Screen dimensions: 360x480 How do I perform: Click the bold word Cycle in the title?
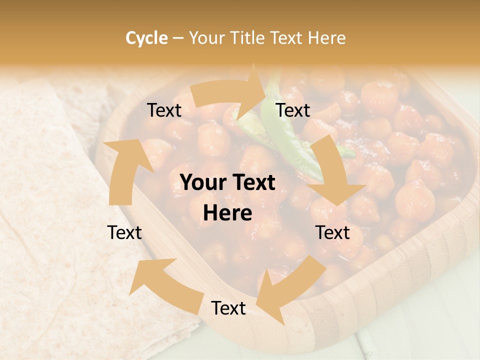pyautogui.click(x=146, y=38)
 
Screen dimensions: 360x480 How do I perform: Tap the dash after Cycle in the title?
pyautogui.click(x=177, y=38)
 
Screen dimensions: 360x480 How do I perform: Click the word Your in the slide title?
pyautogui.click(x=206, y=38)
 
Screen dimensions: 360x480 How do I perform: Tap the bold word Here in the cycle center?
pyautogui.click(x=227, y=213)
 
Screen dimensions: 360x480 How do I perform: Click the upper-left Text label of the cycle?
pyautogui.click(x=164, y=110)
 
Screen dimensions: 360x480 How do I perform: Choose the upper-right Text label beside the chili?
pyautogui.click(x=293, y=110)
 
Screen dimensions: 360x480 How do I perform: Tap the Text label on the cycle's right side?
pyautogui.click(x=332, y=232)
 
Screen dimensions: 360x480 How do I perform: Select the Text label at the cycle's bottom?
pyautogui.click(x=228, y=308)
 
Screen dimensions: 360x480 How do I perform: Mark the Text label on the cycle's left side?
pyautogui.click(x=124, y=232)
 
